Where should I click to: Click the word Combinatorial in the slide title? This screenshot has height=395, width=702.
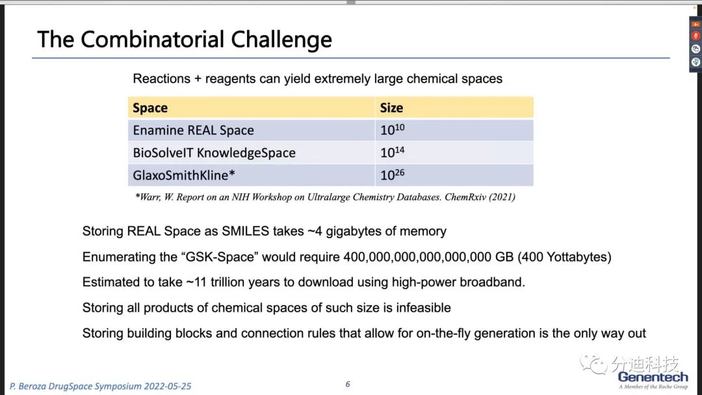(152, 40)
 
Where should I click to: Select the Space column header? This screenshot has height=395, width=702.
(150, 108)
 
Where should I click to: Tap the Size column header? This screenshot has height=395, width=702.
(391, 108)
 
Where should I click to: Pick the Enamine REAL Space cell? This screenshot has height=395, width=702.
(194, 130)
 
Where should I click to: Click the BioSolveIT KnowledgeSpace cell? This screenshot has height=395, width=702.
(214, 153)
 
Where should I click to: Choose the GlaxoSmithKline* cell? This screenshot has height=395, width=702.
(183, 175)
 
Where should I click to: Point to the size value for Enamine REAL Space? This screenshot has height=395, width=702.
(392, 129)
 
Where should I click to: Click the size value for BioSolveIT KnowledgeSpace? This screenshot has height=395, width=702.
(392, 152)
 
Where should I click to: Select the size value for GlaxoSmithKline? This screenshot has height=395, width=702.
(392, 174)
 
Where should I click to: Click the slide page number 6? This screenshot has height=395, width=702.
(348, 384)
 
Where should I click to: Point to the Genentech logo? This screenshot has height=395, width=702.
(653, 380)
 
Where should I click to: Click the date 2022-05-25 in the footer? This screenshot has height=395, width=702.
(167, 387)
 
